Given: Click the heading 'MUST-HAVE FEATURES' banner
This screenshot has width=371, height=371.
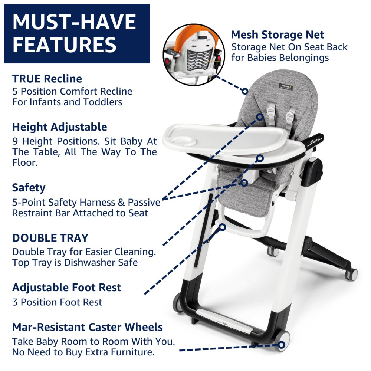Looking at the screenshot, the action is click(x=77, y=33).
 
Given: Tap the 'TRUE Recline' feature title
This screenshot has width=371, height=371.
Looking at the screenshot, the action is click(x=47, y=79).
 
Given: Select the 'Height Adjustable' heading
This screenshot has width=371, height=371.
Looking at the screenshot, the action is click(x=60, y=127).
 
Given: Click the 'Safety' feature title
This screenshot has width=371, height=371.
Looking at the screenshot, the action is click(x=29, y=188).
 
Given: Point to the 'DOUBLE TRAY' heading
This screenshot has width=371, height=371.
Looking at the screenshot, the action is click(x=50, y=238).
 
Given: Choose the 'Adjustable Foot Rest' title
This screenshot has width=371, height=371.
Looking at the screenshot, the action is click(x=67, y=288).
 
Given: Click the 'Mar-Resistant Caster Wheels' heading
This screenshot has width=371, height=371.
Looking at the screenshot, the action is click(x=88, y=327).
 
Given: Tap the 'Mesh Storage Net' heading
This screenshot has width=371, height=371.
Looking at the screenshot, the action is click(x=278, y=35).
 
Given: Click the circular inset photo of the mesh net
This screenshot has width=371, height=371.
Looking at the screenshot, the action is click(x=194, y=55).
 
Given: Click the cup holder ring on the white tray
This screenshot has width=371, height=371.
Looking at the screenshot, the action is click(x=183, y=142).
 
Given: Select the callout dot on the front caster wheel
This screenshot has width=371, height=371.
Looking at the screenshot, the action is click(x=281, y=345).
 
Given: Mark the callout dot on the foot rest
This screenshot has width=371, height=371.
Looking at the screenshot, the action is click(x=222, y=227).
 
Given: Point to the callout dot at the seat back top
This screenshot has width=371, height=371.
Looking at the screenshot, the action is click(x=245, y=91).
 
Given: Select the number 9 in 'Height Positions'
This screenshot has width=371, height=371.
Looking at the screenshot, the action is click(x=15, y=141).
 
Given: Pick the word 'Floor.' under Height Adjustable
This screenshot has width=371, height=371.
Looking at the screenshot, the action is click(x=25, y=163).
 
